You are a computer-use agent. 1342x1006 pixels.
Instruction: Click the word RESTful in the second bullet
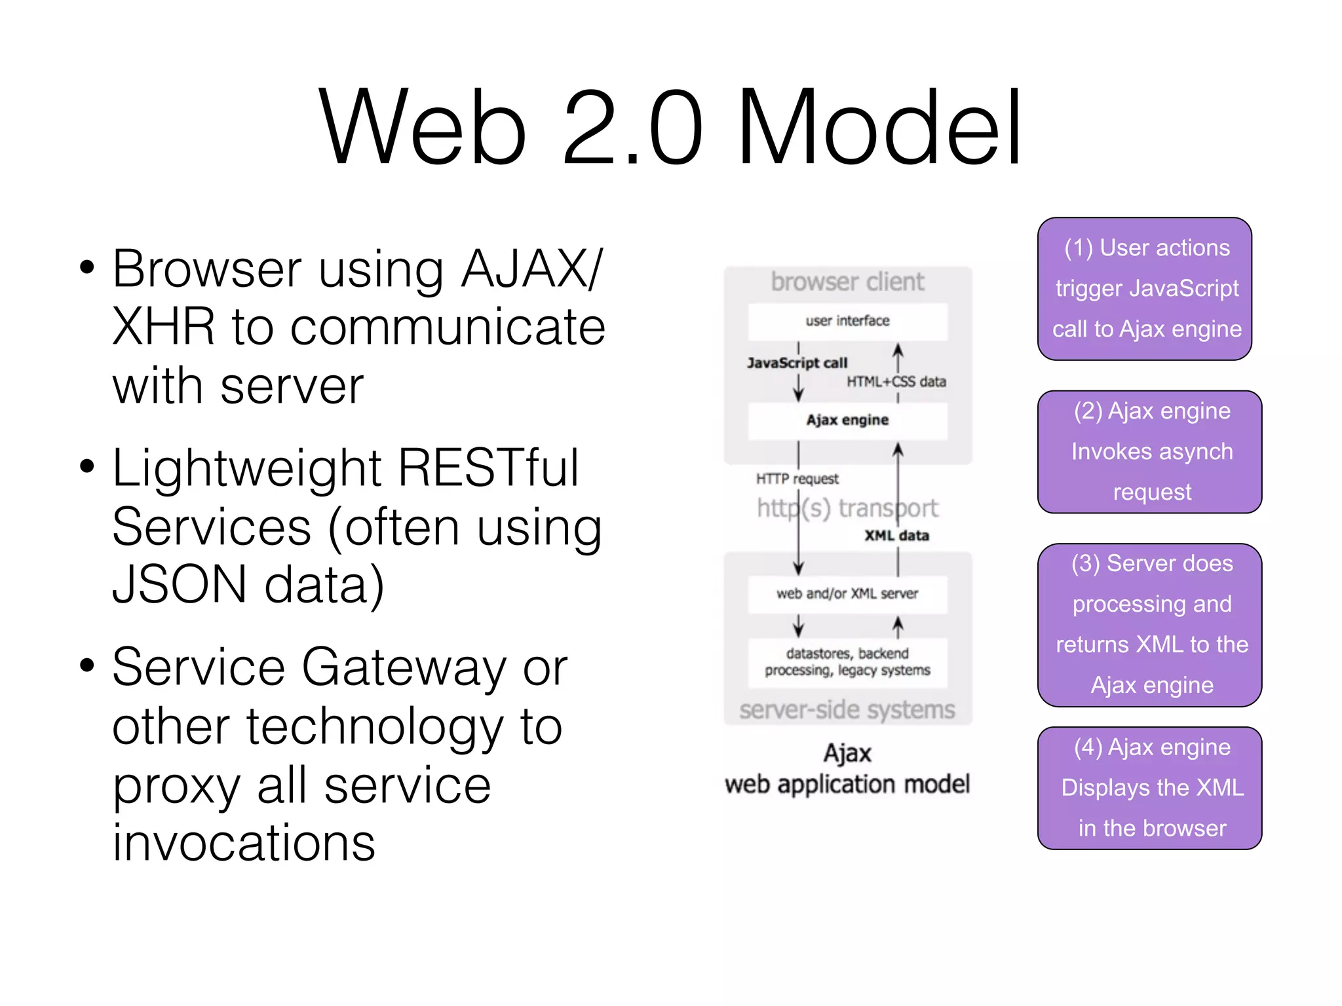tap(488, 468)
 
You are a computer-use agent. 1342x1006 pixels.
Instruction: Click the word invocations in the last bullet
tap(244, 843)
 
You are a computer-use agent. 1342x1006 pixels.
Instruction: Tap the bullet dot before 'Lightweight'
tap(86, 467)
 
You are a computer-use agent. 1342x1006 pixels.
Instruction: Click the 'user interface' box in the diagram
tap(847, 321)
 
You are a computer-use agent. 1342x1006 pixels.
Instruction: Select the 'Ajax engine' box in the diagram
tap(847, 420)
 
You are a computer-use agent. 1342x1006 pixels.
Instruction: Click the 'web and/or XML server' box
tap(847, 594)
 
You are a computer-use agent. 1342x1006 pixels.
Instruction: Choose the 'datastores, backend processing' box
tap(847, 662)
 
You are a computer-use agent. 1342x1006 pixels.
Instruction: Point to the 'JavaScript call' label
tap(797, 363)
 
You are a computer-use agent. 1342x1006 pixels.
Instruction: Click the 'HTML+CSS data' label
tap(896, 382)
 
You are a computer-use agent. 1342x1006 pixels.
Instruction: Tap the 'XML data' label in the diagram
tap(896, 536)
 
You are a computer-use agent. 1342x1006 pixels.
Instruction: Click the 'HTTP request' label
tap(797, 479)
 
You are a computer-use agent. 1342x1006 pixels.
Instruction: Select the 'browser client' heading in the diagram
tap(847, 282)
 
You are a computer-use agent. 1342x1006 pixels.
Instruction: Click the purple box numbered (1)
tap(1145, 289)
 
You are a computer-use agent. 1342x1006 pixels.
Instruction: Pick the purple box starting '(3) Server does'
tap(1151, 625)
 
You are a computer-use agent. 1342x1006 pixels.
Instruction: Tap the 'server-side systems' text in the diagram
tap(847, 710)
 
